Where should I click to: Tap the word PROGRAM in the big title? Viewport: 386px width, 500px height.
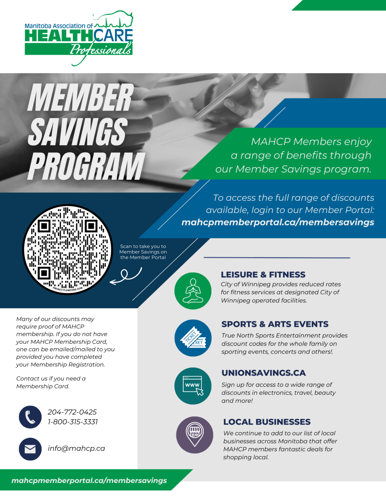click(86, 166)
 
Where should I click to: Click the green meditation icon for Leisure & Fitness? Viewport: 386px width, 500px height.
click(193, 291)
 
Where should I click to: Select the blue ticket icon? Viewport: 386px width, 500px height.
click(193, 338)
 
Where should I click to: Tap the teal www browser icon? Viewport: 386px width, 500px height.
click(193, 386)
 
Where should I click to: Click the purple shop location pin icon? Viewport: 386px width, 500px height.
click(194, 435)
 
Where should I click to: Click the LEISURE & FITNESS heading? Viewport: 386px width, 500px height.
click(263, 274)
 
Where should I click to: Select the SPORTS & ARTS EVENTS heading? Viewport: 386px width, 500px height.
click(275, 324)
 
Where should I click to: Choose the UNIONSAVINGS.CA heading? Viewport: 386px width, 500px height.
click(263, 373)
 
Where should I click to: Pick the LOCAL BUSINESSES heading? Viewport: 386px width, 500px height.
click(267, 422)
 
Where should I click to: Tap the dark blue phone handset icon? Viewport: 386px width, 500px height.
click(30, 417)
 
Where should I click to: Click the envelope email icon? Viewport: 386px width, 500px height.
click(30, 449)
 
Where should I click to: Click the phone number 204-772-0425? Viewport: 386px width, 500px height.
click(72, 412)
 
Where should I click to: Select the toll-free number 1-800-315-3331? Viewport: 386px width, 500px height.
click(73, 422)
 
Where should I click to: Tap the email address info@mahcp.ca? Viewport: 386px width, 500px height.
click(76, 449)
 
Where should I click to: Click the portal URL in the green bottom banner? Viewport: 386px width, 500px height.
click(89, 480)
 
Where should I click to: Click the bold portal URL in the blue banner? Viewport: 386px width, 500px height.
click(278, 222)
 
